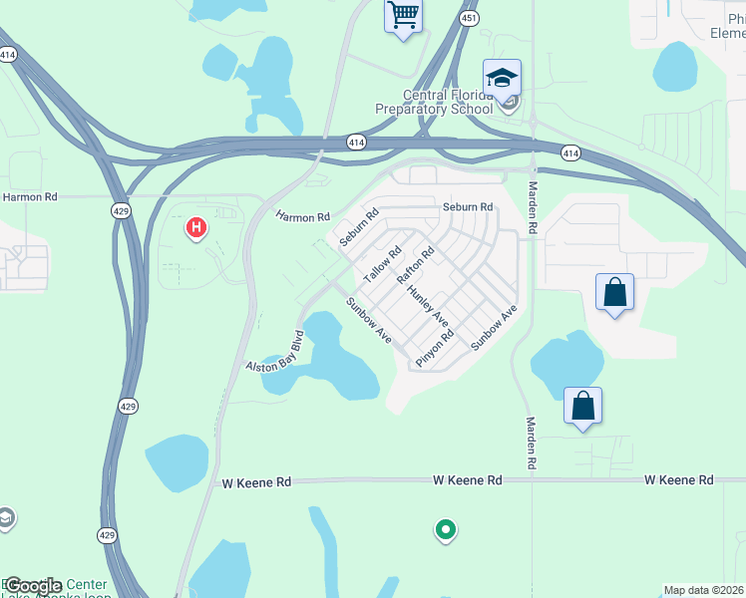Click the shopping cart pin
403,16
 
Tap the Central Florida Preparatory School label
434,103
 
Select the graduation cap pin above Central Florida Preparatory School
503,77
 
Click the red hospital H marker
196,228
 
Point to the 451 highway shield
469,19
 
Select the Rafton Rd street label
417,266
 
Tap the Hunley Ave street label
427,306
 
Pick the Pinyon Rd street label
435,349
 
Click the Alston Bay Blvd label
274,352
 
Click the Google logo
32,586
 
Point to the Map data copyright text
703,590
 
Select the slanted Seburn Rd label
359,227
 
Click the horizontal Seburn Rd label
468,207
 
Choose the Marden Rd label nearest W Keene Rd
532,443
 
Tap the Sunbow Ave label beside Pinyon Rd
494,326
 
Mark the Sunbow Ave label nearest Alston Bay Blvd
368,321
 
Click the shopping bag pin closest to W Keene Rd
582,406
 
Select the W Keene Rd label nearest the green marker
467,480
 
